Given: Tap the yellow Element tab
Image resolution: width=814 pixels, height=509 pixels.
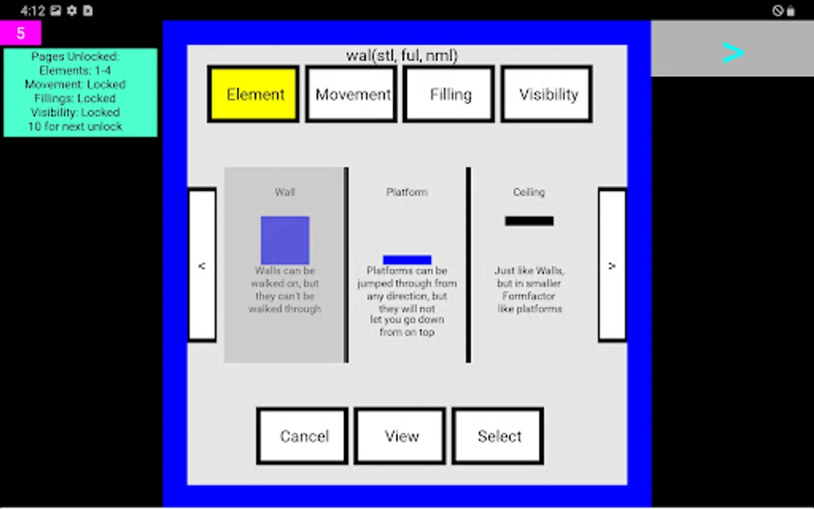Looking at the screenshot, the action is (x=253, y=94).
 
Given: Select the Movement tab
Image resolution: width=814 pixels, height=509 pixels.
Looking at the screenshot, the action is (x=351, y=94).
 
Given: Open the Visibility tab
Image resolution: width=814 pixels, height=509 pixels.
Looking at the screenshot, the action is (x=547, y=94).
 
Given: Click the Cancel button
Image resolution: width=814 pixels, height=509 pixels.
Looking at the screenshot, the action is (x=302, y=436).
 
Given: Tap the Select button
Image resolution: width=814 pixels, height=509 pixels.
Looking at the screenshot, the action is (x=498, y=436).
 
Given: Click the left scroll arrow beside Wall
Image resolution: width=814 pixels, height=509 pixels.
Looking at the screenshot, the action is (x=202, y=265).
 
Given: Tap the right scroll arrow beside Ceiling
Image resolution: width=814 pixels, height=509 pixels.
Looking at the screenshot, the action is (x=612, y=265).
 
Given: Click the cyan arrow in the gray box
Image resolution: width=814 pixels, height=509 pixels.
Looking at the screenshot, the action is (x=733, y=53).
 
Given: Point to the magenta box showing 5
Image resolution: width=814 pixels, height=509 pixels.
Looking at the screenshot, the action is (x=21, y=33).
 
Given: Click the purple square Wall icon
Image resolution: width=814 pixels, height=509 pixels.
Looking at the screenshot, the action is (x=285, y=240).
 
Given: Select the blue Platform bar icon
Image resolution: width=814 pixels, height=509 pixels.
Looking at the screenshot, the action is (x=407, y=260).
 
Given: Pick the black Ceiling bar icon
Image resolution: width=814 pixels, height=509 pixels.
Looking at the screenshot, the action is (x=529, y=221).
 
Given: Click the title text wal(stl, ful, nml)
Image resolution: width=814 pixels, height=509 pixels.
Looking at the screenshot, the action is (x=402, y=55).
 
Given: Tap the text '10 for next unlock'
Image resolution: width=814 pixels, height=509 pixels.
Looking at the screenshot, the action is (x=75, y=127).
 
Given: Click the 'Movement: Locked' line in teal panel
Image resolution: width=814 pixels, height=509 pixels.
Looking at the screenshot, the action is (x=75, y=84).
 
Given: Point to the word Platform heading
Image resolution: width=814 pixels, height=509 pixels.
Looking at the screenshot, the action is (x=407, y=192).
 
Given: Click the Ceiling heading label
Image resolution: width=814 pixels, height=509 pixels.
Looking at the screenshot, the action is (x=529, y=192).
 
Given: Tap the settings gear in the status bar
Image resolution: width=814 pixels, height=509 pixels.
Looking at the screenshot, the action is (x=72, y=11).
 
